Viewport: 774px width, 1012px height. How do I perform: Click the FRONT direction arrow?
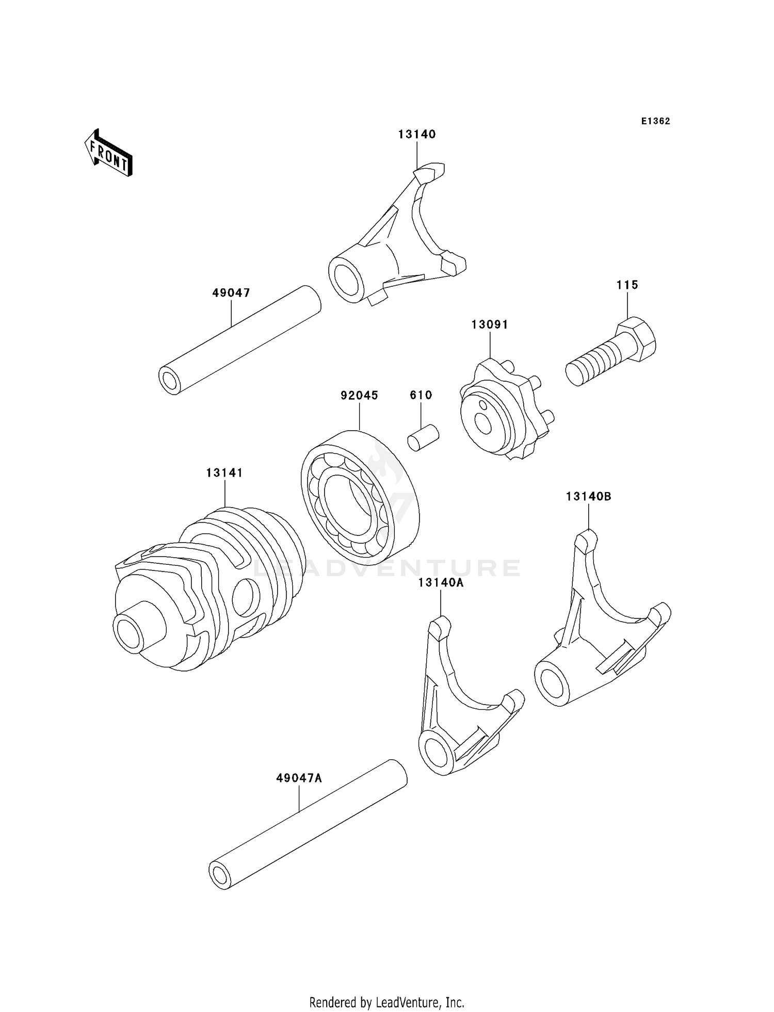(x=108, y=153)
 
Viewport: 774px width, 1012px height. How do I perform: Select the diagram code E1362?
(x=655, y=121)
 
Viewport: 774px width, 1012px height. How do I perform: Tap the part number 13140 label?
(x=416, y=134)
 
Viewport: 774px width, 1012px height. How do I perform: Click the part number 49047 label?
(x=231, y=293)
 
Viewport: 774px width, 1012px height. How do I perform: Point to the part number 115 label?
(x=627, y=285)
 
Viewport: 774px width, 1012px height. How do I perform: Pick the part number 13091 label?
(x=489, y=324)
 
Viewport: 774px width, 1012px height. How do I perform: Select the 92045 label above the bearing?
(x=359, y=395)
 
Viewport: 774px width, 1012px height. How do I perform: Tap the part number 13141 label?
(x=224, y=472)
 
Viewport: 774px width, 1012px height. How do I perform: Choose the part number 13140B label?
(x=588, y=496)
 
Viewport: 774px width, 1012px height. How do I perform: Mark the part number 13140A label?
(x=441, y=583)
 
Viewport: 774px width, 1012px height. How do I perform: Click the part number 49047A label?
(x=299, y=778)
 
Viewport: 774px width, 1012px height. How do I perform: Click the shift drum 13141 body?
(x=206, y=593)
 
